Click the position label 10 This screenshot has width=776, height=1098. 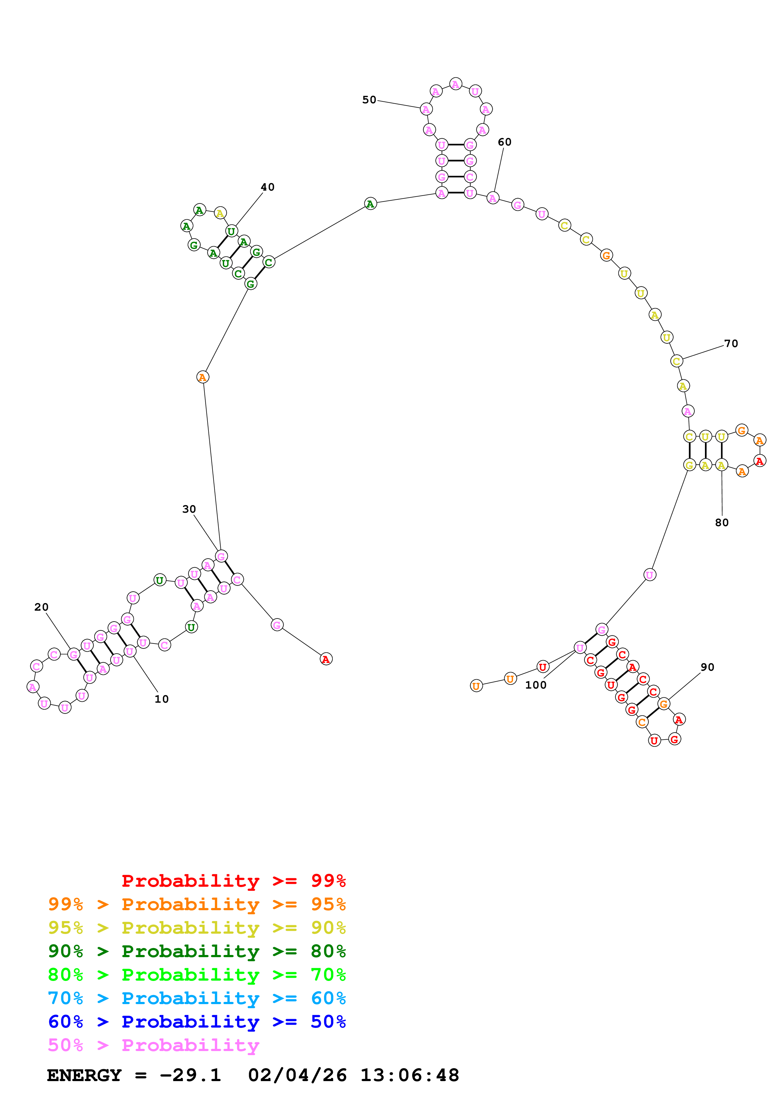(162, 699)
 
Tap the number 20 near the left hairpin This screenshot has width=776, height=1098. (42, 607)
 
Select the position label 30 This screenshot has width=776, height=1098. (189, 509)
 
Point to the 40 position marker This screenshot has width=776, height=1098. (268, 187)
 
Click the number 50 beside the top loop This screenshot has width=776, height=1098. (369, 100)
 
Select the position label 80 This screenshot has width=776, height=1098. (722, 523)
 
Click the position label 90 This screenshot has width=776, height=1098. (708, 667)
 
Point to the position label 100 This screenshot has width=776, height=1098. (536, 685)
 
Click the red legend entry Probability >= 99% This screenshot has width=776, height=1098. (234, 880)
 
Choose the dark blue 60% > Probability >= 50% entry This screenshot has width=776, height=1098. (197, 1022)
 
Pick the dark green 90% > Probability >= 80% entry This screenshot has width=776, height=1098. (197, 951)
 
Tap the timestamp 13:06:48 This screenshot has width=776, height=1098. (410, 1075)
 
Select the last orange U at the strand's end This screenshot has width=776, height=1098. (476, 686)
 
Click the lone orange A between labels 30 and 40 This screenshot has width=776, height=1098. (203, 377)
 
